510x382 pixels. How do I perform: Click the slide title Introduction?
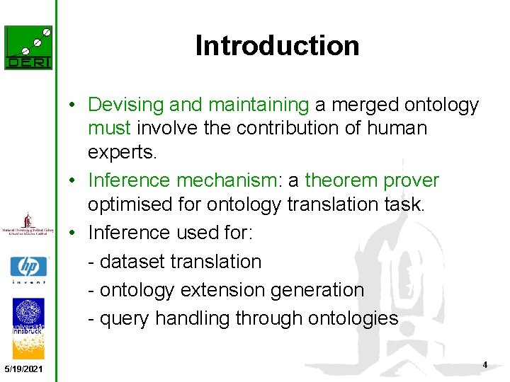click(x=277, y=46)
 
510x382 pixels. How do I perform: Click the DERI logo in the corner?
click(x=28, y=47)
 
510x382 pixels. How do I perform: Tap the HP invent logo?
click(x=28, y=270)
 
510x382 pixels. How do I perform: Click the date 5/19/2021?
click(x=23, y=370)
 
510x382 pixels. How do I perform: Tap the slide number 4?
click(x=484, y=365)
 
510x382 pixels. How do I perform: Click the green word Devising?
click(x=125, y=105)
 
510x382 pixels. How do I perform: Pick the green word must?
click(x=109, y=129)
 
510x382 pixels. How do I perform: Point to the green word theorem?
click(x=341, y=180)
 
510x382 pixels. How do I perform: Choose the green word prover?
click(x=412, y=180)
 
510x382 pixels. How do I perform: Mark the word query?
click(x=125, y=319)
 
